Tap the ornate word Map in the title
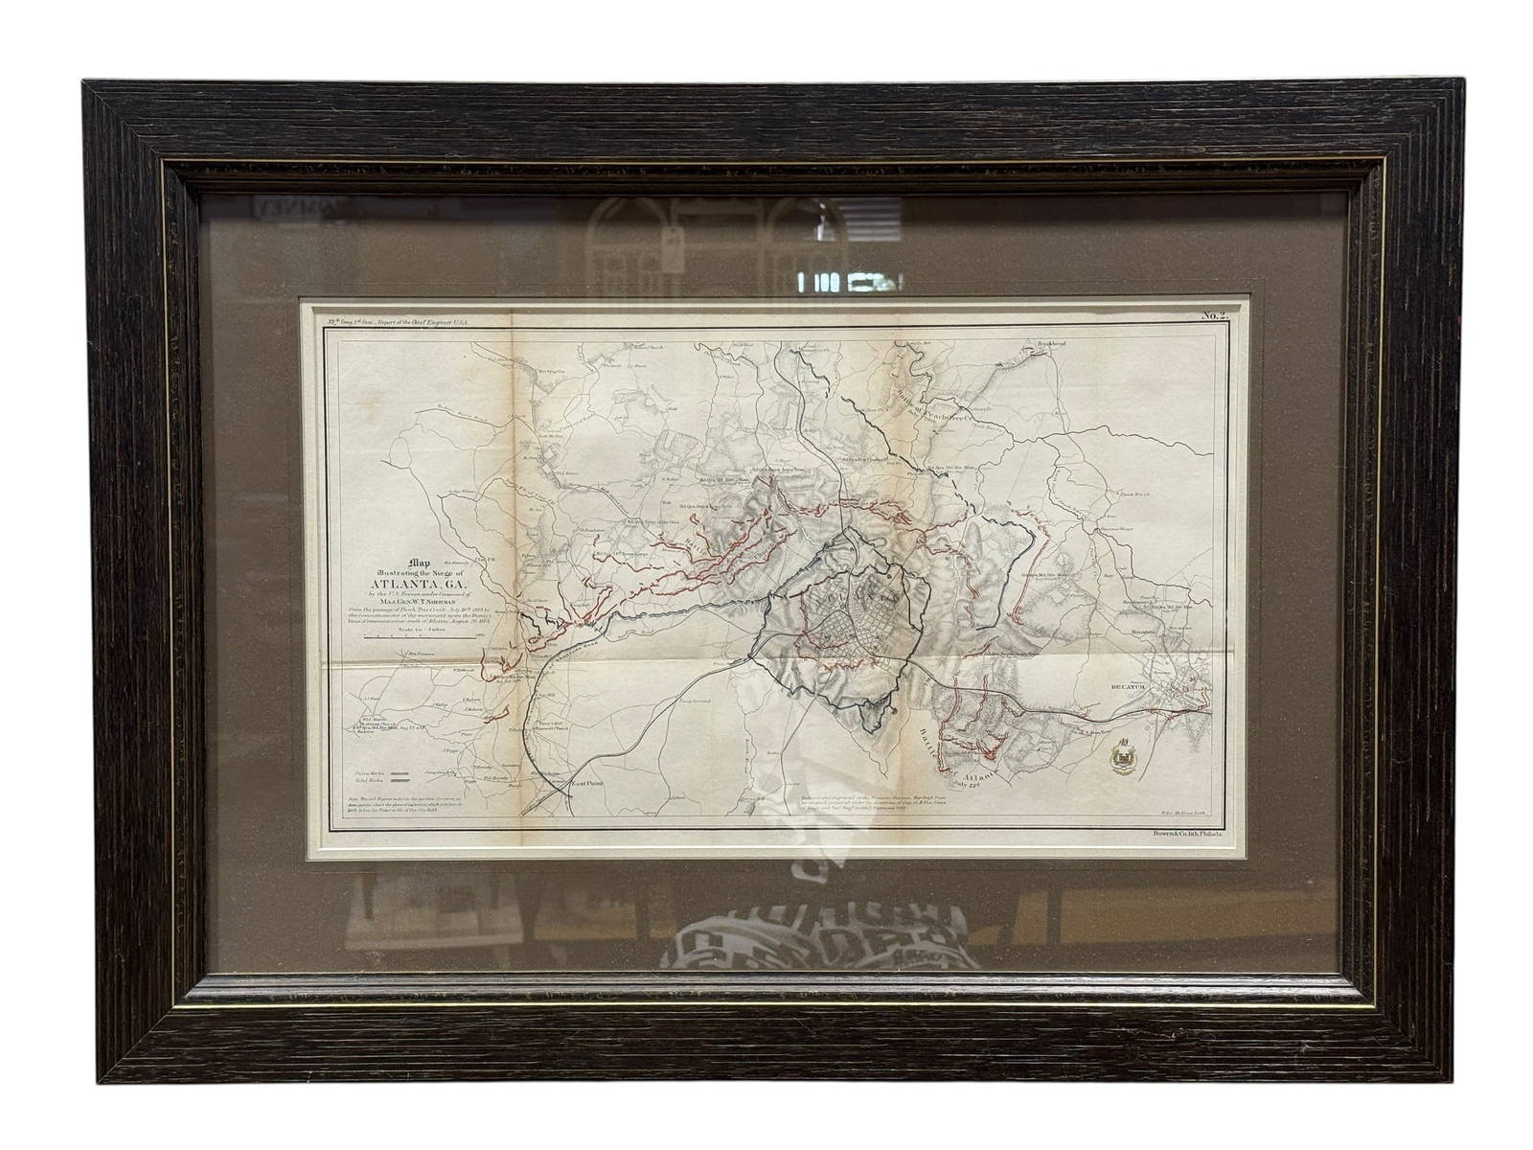click(x=419, y=563)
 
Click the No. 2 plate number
click(x=1215, y=315)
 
